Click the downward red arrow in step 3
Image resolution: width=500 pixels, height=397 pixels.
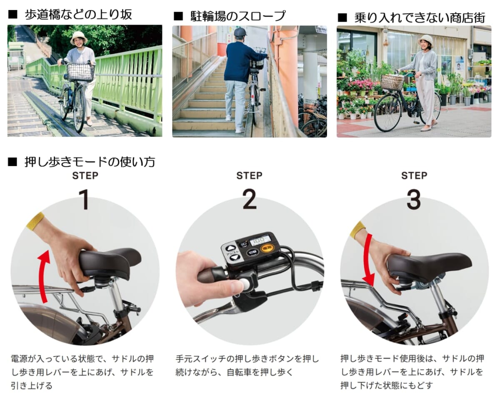click(x=367, y=260)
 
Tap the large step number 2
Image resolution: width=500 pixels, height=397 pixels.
click(x=250, y=199)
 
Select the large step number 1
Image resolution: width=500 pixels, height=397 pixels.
click(x=85, y=199)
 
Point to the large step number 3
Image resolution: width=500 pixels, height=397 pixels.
click(x=414, y=199)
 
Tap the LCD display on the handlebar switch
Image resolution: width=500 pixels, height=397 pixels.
click(x=260, y=241)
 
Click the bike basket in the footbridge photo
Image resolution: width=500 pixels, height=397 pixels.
click(x=80, y=72)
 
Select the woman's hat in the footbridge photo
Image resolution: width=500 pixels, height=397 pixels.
click(x=79, y=37)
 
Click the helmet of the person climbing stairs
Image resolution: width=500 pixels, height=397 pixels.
click(x=240, y=32)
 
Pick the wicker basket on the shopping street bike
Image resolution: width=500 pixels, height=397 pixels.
click(x=392, y=82)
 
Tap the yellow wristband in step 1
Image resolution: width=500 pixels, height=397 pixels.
click(x=35, y=220)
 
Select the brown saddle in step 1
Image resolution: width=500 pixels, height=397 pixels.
click(x=109, y=263)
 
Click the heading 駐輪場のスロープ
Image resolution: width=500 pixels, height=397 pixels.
click(x=238, y=16)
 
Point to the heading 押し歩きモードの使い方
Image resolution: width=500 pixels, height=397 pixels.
click(x=90, y=162)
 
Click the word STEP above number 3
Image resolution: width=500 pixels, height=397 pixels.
click(x=414, y=176)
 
